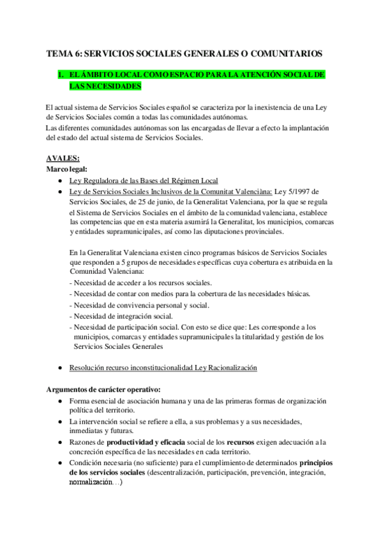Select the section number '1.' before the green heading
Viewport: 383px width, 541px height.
pos(61,75)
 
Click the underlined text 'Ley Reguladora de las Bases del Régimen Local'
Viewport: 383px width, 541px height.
pos(144,181)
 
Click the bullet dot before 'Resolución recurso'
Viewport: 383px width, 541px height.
pos(59,368)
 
